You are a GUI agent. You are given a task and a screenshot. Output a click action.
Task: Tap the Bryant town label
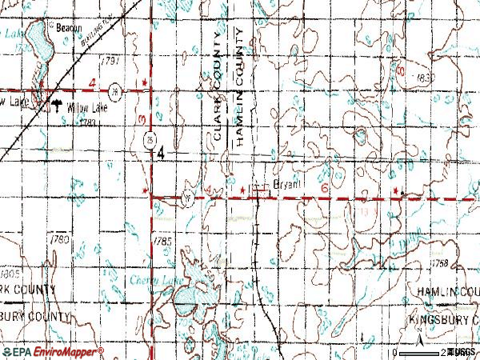286,183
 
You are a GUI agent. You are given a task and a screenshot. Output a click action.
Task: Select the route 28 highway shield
116,88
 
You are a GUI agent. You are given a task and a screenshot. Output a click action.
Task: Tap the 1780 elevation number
59,239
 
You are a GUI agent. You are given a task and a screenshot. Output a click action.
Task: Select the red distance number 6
326,186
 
